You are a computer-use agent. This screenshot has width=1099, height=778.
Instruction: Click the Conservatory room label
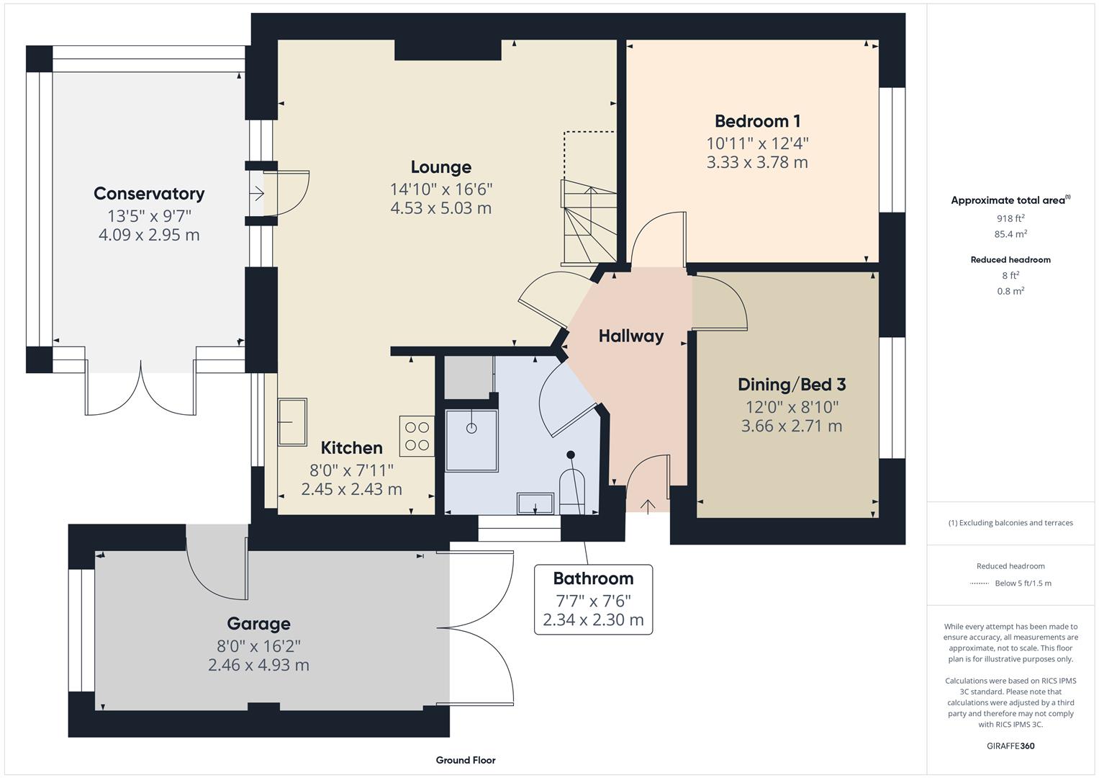pyautogui.click(x=149, y=193)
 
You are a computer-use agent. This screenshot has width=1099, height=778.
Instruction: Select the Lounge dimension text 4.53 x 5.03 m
pyautogui.click(x=440, y=208)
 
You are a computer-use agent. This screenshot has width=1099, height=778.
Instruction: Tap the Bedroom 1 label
pyautogui.click(x=757, y=121)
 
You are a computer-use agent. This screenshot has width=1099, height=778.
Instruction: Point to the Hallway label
pyautogui.click(x=630, y=336)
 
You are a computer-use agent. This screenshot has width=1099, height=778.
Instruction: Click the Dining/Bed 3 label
pyautogui.click(x=791, y=384)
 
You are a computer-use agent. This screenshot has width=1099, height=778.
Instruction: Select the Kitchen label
pyautogui.click(x=351, y=447)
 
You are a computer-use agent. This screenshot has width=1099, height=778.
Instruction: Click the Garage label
pyautogui.click(x=258, y=623)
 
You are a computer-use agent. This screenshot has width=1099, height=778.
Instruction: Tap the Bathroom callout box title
pyautogui.click(x=593, y=578)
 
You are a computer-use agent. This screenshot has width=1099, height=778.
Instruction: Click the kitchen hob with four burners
pyautogui.click(x=417, y=436)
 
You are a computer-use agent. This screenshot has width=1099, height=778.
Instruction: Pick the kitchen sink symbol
pyautogui.click(x=292, y=421)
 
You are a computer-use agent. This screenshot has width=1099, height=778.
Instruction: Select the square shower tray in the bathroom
pyautogui.click(x=471, y=440)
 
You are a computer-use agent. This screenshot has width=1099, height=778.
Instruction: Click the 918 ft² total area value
pyautogui.click(x=1010, y=218)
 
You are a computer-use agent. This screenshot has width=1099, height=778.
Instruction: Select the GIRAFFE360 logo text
pyautogui.click(x=1010, y=746)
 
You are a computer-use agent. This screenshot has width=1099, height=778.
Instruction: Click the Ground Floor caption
pyautogui.click(x=465, y=760)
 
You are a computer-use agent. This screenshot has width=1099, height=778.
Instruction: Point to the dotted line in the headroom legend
pyautogui.click(x=979, y=583)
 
